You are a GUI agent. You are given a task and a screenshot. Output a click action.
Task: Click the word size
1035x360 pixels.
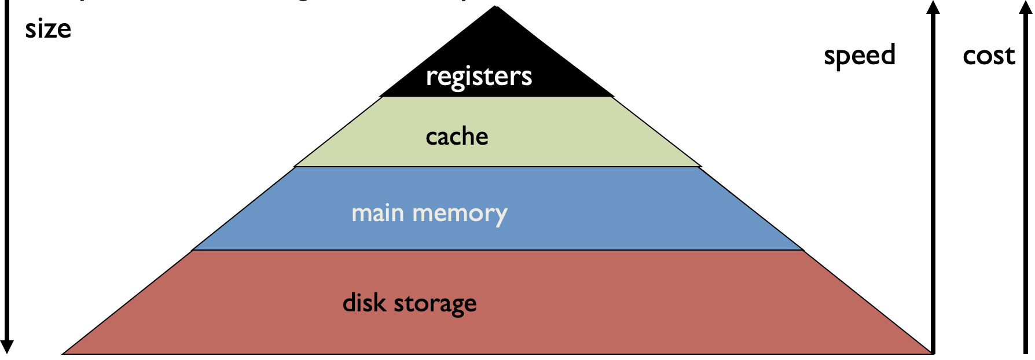(x=48, y=29)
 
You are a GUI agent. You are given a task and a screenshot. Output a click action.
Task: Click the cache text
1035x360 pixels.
(x=457, y=137)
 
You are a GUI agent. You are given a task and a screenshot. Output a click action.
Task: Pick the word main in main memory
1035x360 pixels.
(x=377, y=213)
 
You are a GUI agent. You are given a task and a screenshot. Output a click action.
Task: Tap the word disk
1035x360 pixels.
(x=364, y=303)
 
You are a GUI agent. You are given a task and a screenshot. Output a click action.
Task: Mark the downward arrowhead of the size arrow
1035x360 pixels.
(x=7, y=347)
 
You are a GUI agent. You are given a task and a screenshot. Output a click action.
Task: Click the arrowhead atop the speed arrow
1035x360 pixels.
(x=933, y=7)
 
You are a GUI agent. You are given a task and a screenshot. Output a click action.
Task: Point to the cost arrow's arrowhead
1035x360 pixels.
(x=1025, y=7)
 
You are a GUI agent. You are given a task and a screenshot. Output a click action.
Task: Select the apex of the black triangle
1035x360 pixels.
(x=496, y=8)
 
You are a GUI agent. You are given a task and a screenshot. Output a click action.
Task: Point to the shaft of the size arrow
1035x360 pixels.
(x=7, y=174)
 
